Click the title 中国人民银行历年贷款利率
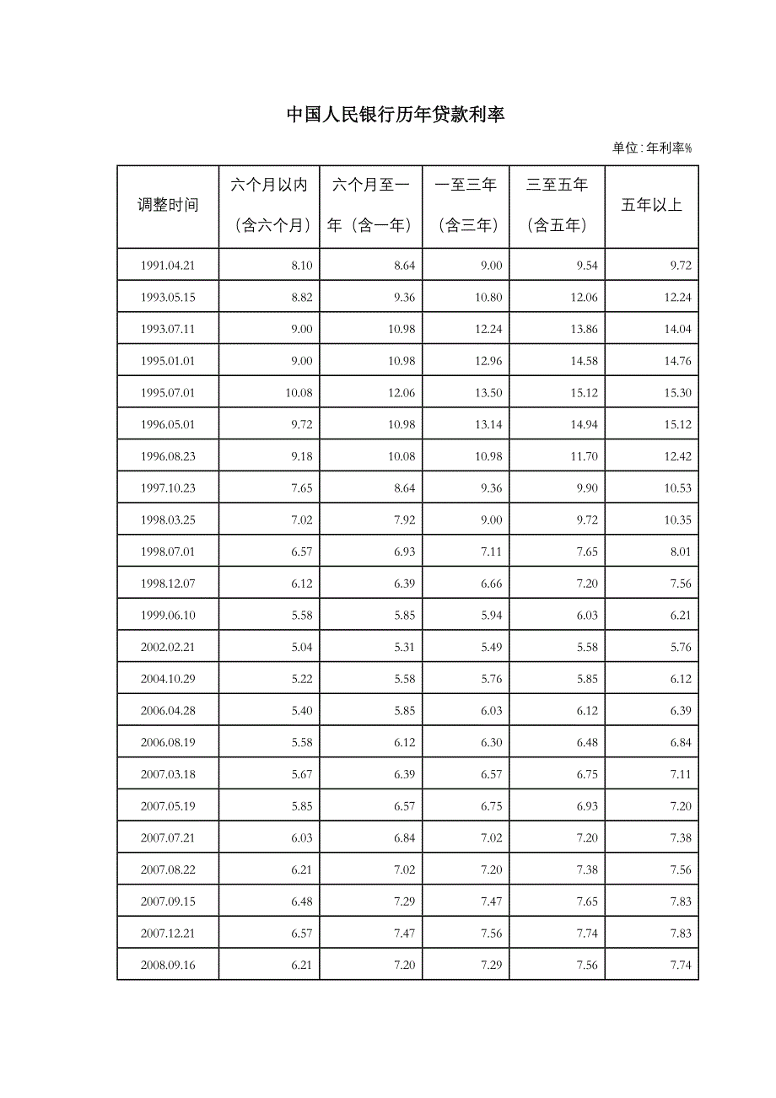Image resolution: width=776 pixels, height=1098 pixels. coord(395,115)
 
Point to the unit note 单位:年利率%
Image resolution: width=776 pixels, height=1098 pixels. coord(652,148)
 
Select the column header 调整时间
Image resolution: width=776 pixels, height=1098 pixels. coord(168,205)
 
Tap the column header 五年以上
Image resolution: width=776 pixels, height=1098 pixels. coord(651,205)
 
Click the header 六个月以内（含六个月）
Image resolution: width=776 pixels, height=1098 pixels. coord(270,205)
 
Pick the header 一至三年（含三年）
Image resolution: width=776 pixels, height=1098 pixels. coord(466,205)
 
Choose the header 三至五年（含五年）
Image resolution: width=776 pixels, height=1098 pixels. coord(557,205)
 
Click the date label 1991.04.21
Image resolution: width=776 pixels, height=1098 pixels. coord(168,266)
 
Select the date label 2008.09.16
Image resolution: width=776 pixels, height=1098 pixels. coord(168,965)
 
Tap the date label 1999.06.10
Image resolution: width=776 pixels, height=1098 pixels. coord(168,616)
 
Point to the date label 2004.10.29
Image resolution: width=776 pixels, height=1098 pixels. coord(168,679)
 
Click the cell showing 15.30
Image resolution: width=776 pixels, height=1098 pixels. coord(677,393)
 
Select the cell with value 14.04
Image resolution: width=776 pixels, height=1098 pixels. coord(677,329)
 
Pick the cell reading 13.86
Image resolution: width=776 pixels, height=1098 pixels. coord(584,329)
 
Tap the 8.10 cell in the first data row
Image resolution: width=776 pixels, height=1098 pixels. coord(301,266)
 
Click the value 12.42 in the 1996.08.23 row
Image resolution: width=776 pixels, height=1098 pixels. coord(677,456)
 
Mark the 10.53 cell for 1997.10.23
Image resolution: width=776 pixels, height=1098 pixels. coord(677,488)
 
